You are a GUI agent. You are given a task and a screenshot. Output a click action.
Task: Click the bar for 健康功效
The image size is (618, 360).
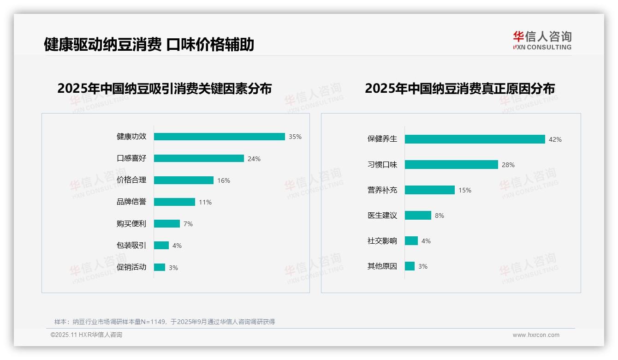point(219,137)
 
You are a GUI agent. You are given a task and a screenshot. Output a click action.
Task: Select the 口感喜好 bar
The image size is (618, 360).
point(199,158)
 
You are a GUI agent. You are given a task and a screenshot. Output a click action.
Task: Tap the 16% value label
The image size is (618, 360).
point(224,180)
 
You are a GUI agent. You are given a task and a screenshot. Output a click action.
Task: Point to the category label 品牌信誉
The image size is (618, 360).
point(131,202)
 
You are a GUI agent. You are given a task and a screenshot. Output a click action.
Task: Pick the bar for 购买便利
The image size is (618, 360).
point(167,224)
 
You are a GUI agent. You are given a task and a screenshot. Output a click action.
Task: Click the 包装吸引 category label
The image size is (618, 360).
point(131,245)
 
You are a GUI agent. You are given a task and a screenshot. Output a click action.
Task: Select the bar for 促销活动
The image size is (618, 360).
point(160,267)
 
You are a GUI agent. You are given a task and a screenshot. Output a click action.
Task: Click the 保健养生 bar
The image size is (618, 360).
point(475,139)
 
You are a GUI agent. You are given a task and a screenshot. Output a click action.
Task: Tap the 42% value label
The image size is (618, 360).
point(555,139)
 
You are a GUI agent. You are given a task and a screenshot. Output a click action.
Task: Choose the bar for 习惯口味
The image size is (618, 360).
point(452,165)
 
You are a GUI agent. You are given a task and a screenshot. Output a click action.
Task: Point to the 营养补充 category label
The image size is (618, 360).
point(382,190)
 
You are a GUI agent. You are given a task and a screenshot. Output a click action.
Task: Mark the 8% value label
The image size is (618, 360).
point(439,216)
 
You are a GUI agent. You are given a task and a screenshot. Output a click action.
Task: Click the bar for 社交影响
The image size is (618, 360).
point(411,241)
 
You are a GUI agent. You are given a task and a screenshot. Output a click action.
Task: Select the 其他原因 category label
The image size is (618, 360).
point(382,266)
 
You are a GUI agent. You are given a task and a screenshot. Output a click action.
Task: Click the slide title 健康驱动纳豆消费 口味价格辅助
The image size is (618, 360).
point(149,45)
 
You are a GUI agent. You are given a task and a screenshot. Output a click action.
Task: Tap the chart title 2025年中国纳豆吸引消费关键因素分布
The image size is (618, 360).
point(164,88)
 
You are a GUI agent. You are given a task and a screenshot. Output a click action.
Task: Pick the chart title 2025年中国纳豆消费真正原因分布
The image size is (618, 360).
point(459,88)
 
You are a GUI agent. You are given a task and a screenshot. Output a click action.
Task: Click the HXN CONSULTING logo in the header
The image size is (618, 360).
point(542,41)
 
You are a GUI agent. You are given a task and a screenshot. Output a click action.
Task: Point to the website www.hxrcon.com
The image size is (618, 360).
point(536,335)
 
